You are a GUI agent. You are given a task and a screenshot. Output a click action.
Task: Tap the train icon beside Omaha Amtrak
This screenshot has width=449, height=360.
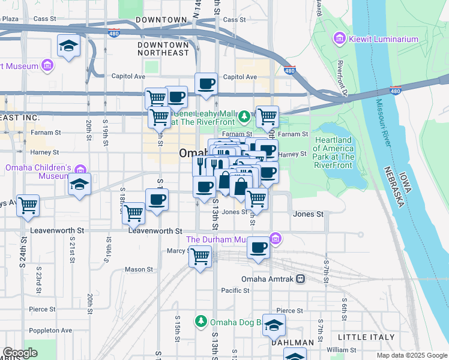[x=300, y=279]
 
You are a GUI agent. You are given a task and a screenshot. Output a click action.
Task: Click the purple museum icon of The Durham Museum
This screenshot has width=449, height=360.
[x=276, y=239]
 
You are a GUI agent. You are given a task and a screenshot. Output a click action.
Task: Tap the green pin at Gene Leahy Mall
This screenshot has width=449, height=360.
[x=244, y=116]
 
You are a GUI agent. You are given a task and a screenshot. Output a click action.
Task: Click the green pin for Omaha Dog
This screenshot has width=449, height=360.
[x=200, y=322]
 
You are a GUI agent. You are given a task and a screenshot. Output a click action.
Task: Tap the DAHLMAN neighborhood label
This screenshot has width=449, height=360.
[x=292, y=343]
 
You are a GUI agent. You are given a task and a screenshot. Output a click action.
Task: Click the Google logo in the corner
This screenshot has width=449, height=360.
[x=20, y=353]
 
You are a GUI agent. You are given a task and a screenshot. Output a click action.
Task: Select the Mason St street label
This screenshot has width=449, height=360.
[x=138, y=270]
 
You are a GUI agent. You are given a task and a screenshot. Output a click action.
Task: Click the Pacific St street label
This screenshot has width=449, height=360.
[x=235, y=290]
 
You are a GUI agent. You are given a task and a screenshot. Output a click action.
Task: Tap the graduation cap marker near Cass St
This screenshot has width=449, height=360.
[x=69, y=45]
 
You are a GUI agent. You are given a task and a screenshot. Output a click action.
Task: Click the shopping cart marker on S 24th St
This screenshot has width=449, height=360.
[x=28, y=205]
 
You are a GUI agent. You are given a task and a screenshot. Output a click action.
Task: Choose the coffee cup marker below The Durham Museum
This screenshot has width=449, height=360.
[x=259, y=247]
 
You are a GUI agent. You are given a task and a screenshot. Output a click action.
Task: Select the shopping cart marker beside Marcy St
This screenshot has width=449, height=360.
[x=200, y=257]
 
